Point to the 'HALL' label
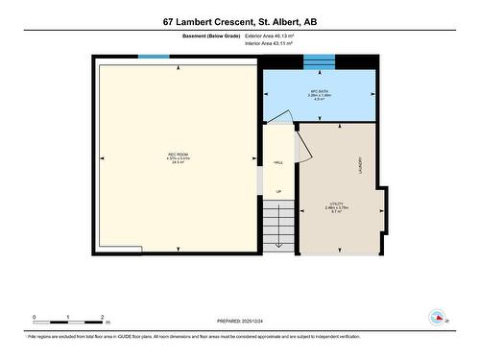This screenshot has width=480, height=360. point(278,163)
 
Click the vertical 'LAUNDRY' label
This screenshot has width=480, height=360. point(360,165)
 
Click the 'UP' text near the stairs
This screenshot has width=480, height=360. point(278,192)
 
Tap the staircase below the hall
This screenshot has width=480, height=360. point(278,228)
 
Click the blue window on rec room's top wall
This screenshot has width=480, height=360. point(154,57)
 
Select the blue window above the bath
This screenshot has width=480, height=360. point(319,62)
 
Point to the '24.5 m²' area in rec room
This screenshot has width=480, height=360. point(177,163)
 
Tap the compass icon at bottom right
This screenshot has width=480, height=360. point(439,317)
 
